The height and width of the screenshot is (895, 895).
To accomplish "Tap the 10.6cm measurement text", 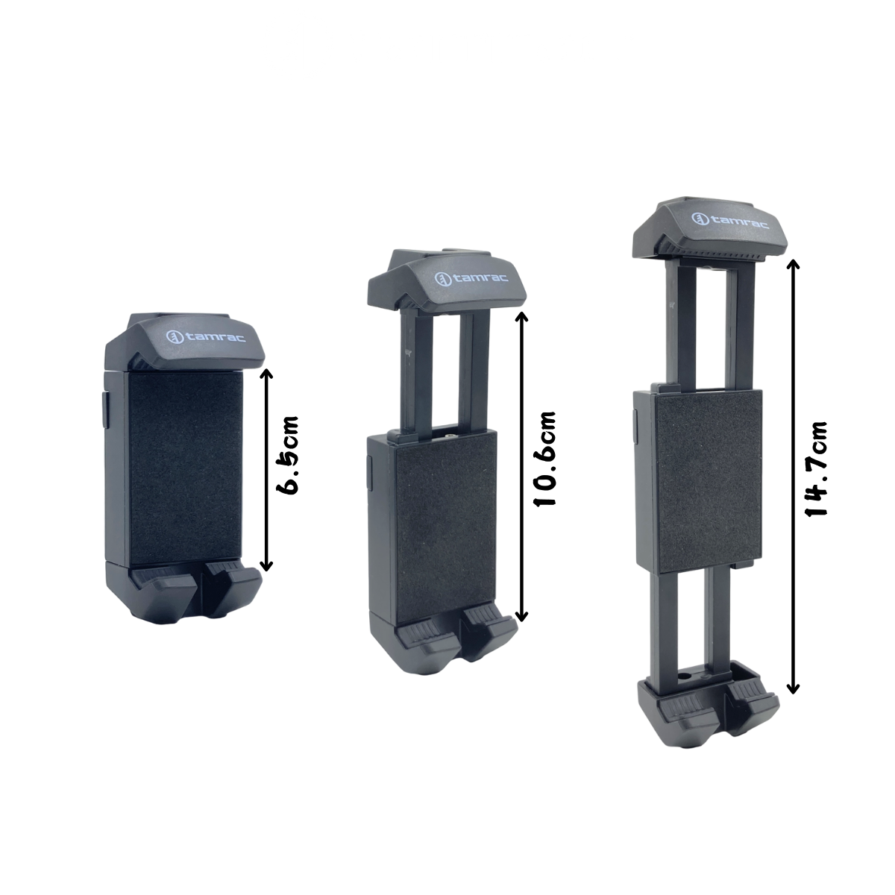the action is tap(544, 459).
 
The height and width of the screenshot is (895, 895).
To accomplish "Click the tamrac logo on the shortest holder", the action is tap(205, 336).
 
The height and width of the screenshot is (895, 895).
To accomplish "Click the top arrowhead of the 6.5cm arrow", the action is tap(266, 371).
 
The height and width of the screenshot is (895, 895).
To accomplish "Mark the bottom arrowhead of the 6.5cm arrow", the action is tap(266, 566).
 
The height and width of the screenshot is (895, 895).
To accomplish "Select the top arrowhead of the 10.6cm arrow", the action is tap(522, 316).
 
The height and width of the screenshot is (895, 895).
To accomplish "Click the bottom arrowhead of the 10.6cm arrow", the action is tap(522, 616).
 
